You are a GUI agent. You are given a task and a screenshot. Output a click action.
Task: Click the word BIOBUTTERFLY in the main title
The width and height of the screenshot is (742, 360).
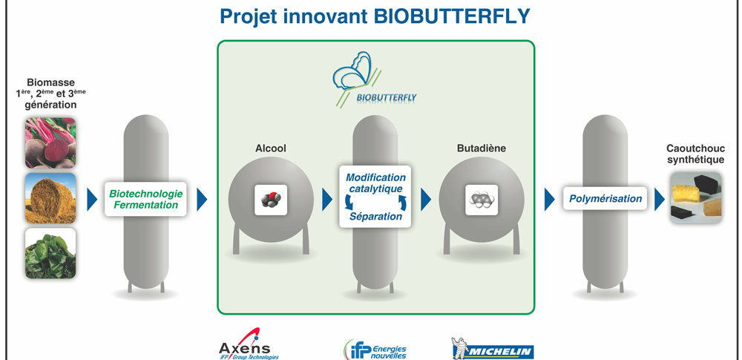pyautogui.click(x=452, y=16)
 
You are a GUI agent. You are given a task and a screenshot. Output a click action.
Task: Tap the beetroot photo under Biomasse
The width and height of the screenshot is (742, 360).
pyautogui.click(x=50, y=143)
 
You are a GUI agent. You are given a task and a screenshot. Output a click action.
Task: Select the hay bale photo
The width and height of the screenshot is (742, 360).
pyautogui.click(x=50, y=198)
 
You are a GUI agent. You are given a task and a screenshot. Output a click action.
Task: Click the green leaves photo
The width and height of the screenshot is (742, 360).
pyautogui.click(x=50, y=253)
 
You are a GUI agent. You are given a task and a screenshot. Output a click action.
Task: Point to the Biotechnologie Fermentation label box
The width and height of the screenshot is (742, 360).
pyautogui.click(x=145, y=199)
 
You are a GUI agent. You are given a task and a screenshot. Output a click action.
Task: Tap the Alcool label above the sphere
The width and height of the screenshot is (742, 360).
pyautogui.click(x=271, y=148)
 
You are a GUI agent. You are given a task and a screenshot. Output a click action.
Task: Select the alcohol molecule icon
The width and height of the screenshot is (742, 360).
pyautogui.click(x=271, y=200)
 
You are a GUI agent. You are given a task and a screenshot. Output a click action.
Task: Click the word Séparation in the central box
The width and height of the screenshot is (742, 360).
pyautogui.click(x=375, y=217)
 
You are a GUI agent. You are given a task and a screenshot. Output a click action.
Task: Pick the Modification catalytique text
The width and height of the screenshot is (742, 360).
pyautogui.click(x=375, y=183)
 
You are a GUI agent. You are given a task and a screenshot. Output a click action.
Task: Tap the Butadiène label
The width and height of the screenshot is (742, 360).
pyautogui.click(x=482, y=148)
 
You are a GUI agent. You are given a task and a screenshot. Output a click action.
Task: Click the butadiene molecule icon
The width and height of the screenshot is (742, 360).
pyautogui.click(x=482, y=200)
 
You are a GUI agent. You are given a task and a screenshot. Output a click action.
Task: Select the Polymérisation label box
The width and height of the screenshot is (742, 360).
pyautogui.click(x=605, y=198)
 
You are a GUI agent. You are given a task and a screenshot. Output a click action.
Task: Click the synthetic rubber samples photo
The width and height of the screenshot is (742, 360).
pyautogui.click(x=696, y=197)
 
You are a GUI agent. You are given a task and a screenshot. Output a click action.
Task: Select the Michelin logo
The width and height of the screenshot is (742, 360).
pyautogui.click(x=493, y=349)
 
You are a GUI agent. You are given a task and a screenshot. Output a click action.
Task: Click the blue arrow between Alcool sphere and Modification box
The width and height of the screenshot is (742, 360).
pyautogui.click(x=327, y=200)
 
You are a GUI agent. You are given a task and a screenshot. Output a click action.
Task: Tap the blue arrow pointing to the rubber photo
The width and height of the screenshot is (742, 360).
pyautogui.click(x=659, y=200)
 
